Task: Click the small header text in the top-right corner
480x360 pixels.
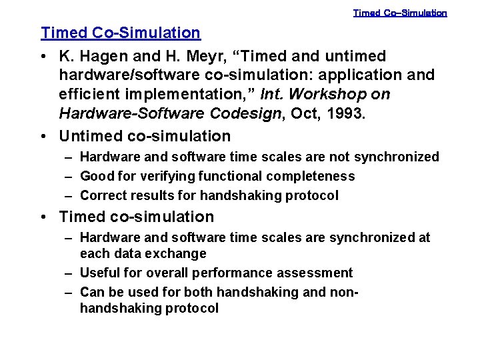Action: (x=400, y=13)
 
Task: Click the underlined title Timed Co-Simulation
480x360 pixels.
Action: (x=120, y=33)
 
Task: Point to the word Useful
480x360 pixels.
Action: (x=99, y=273)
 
